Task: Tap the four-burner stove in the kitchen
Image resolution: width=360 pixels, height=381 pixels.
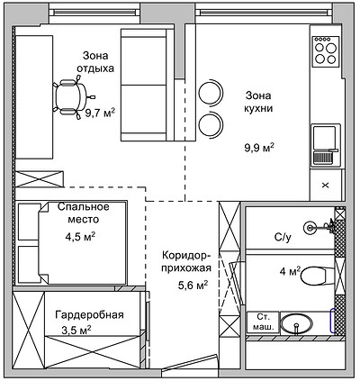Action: pyautogui.click(x=326, y=51)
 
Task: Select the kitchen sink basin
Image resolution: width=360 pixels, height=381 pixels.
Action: pyautogui.click(x=324, y=138)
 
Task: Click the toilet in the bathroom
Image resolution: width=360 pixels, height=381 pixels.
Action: pyautogui.click(x=313, y=277)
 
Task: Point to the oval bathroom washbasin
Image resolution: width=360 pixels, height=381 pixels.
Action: pyautogui.click(x=296, y=323)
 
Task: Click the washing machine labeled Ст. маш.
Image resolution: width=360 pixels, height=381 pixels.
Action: pyautogui.click(x=263, y=322)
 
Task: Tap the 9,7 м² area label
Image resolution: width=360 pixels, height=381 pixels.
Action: pyautogui.click(x=100, y=113)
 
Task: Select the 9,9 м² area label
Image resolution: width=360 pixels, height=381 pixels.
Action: pyautogui.click(x=260, y=148)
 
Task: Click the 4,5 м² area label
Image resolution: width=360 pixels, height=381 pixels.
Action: pyautogui.click(x=80, y=237)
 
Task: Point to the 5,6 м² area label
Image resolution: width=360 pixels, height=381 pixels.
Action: pyautogui.click(x=193, y=286)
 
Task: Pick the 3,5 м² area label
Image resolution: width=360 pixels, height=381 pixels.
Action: pyautogui.click(x=76, y=331)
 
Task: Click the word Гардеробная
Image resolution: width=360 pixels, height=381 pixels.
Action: pyautogui.click(x=89, y=315)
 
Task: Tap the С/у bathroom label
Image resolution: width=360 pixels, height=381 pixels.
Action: pyautogui.click(x=283, y=238)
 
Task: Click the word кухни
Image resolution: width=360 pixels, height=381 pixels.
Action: pyautogui.click(x=258, y=108)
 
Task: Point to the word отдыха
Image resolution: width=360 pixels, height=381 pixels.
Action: pyautogui.click(x=95, y=68)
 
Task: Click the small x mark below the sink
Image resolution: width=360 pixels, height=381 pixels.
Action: pyautogui.click(x=326, y=186)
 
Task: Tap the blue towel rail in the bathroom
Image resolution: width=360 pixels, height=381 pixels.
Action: pyautogui.click(x=332, y=321)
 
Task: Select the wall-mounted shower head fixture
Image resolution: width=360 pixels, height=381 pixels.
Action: pyautogui.click(x=320, y=227)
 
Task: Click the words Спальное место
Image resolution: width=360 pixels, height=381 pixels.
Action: pyautogui.click(x=84, y=213)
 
